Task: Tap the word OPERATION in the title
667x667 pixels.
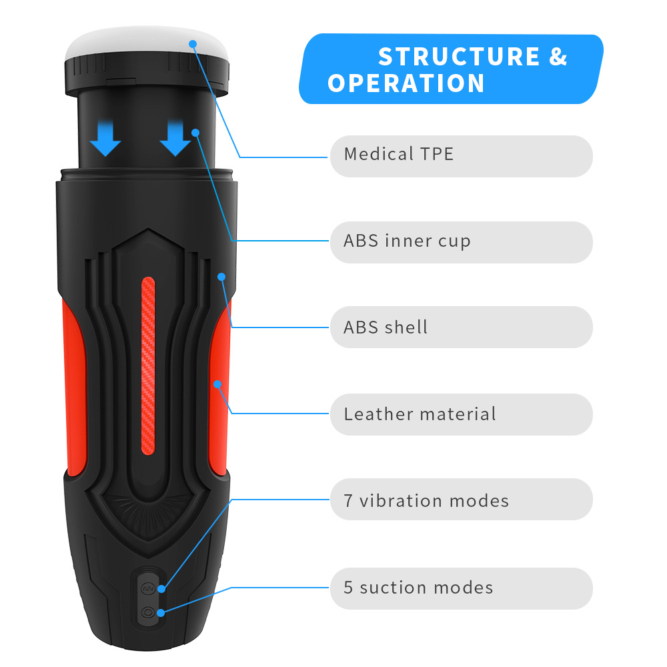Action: click(406, 84)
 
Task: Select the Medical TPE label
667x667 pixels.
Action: click(399, 154)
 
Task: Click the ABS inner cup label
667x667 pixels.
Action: click(407, 241)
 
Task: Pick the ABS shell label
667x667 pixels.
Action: click(386, 327)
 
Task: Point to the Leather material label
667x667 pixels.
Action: click(420, 414)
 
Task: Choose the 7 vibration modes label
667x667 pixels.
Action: click(426, 500)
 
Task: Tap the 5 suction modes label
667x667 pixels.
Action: click(418, 588)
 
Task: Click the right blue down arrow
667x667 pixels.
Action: click(175, 139)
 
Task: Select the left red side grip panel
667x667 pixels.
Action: click(73, 387)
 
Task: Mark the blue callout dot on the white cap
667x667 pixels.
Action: click(193, 44)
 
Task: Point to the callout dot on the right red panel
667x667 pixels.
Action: click(217, 384)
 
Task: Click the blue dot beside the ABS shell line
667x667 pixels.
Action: click(221, 276)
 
